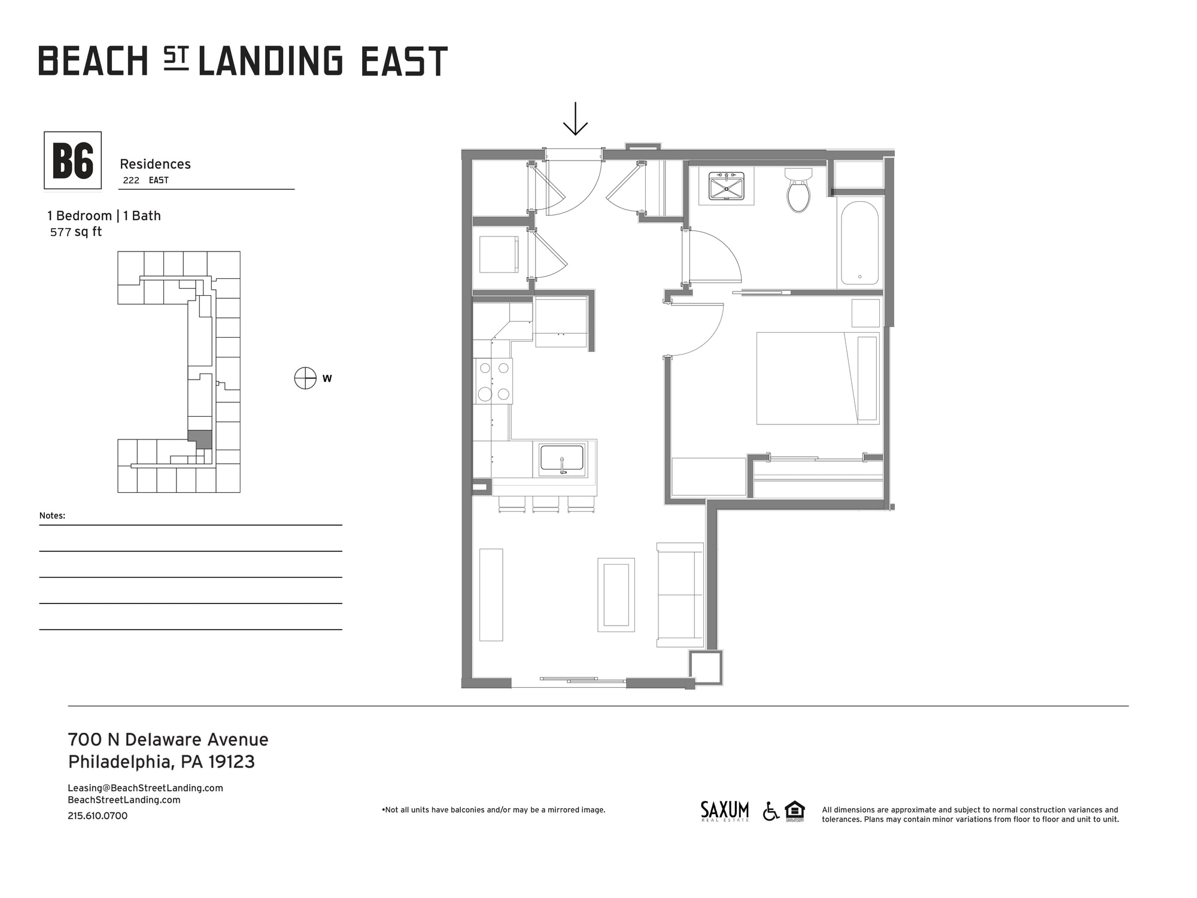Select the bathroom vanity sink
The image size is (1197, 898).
point(726,186)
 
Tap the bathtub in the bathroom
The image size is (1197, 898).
point(859,243)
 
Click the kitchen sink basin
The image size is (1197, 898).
point(561,459)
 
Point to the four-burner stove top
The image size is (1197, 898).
point(494,381)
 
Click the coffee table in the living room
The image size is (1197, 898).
point(616,594)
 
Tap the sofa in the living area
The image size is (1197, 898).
point(680,594)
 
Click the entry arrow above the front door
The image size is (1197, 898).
point(575,119)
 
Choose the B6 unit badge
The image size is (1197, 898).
point(73,160)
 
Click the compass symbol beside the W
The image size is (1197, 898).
point(305,378)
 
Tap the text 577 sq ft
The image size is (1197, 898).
point(76,232)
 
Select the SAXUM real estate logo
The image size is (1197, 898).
point(724,811)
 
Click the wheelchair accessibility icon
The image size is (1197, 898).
point(771,811)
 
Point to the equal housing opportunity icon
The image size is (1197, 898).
point(795,811)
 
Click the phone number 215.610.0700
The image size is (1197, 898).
point(98,816)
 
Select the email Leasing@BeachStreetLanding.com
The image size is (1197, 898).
point(145,788)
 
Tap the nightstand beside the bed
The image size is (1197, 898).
point(865,313)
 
